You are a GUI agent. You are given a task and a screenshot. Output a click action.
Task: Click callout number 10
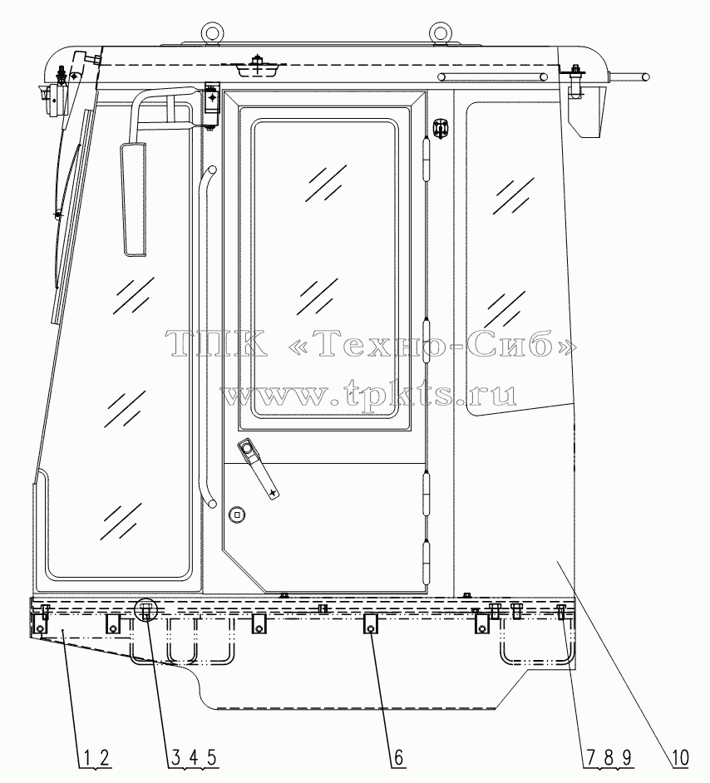(x=679, y=757)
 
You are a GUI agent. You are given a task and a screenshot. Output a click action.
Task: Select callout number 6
(x=398, y=757)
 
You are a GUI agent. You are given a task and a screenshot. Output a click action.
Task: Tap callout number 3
(x=175, y=757)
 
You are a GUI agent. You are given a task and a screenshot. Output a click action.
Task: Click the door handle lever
(x=258, y=468)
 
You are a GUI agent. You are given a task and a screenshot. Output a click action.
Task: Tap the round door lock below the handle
(x=236, y=515)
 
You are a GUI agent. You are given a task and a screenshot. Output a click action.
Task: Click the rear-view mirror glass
(x=133, y=199)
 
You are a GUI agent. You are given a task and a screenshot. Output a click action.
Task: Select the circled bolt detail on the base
(x=146, y=610)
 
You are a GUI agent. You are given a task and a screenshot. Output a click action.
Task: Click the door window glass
(x=326, y=268)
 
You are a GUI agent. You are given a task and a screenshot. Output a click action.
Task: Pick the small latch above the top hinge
(x=439, y=130)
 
